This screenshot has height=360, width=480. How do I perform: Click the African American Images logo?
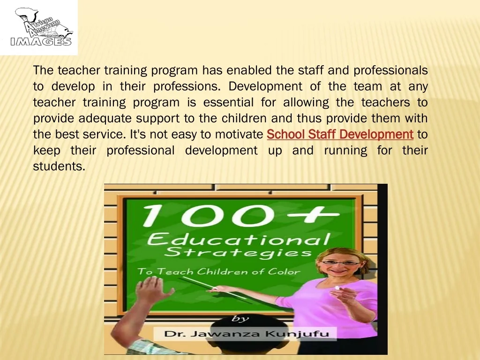40,28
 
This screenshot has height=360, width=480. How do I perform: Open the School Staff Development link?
340,135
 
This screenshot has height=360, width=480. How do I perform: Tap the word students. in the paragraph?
59,166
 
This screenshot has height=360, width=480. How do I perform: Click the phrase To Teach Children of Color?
218,271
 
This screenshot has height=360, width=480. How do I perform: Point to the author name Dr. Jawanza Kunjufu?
250,335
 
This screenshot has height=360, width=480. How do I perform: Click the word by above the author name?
240,319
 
